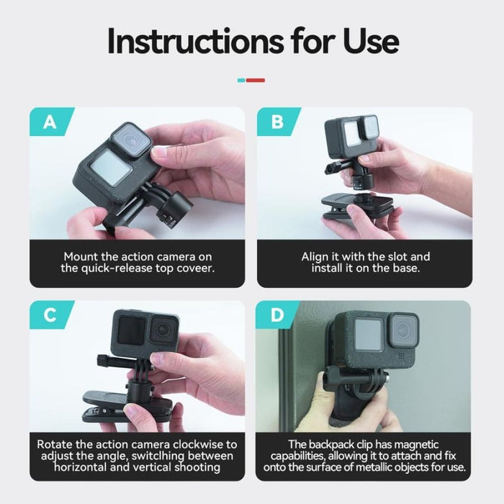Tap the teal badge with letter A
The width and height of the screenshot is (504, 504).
point(49,122)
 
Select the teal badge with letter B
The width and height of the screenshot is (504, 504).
point(277,122)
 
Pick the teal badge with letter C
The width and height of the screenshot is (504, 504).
point(49,315)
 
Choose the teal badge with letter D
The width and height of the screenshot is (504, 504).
point(277,315)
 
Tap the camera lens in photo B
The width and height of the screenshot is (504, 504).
point(368,127)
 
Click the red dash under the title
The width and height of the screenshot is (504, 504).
point(256,80)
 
